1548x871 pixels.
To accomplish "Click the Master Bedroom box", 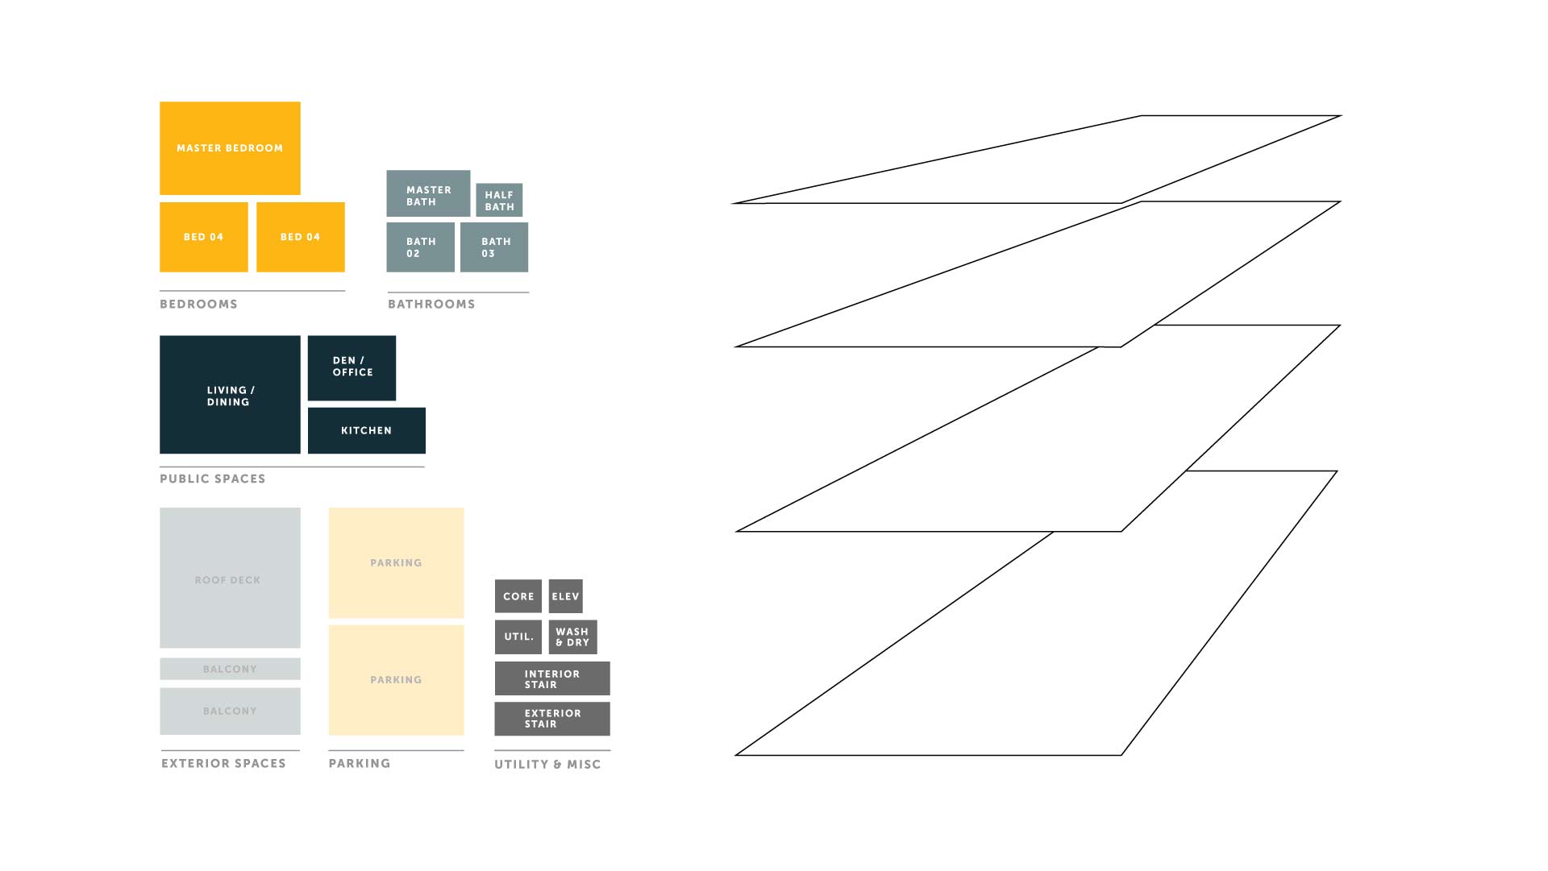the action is [230, 148].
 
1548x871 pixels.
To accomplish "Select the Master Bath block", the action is [428, 193].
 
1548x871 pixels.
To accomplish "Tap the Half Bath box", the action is [499, 200].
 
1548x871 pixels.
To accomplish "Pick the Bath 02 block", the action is [420, 247].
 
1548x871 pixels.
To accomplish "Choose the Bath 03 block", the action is [494, 247].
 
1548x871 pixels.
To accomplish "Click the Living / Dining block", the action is [230, 395].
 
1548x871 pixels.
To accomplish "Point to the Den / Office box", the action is [352, 368].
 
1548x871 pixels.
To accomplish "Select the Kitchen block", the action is [366, 430].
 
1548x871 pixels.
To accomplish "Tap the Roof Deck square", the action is [230, 578].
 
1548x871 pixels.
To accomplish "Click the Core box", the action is [518, 596].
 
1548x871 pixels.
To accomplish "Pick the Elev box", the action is [565, 596].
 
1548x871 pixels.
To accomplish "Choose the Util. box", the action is [518, 637].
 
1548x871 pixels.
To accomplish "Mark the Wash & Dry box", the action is [572, 637].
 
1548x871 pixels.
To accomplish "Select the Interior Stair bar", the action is [552, 678].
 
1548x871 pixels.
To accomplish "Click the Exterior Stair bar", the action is [552, 719].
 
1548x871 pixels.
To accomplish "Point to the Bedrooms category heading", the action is [198, 304].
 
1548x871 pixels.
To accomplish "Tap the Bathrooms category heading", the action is [431, 304].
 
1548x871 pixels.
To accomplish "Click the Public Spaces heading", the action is [213, 479].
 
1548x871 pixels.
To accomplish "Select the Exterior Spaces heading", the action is [223, 763].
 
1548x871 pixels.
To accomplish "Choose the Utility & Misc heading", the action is [547, 764].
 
